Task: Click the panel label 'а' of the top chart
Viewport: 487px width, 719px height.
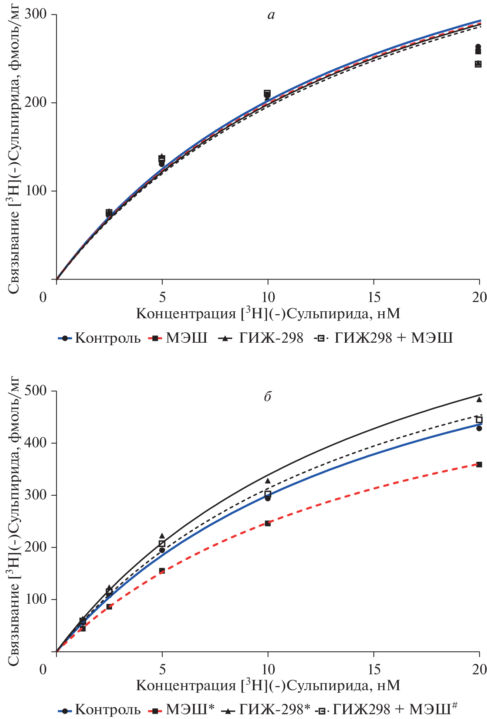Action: (271, 15)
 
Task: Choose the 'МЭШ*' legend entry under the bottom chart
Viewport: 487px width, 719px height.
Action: (182, 709)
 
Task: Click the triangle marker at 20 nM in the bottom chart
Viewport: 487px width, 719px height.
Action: (479, 399)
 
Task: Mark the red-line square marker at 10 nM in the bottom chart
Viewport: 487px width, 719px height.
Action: (268, 523)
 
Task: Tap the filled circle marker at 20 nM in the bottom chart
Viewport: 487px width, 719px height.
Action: (479, 428)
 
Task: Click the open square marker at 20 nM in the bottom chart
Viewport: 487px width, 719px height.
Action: (479, 420)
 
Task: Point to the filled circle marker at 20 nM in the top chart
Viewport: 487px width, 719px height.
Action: (478, 47)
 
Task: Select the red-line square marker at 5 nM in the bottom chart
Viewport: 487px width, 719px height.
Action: (162, 571)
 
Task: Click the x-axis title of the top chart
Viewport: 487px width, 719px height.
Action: (268, 314)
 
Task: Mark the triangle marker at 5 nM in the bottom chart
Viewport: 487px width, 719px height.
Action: (162, 536)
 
